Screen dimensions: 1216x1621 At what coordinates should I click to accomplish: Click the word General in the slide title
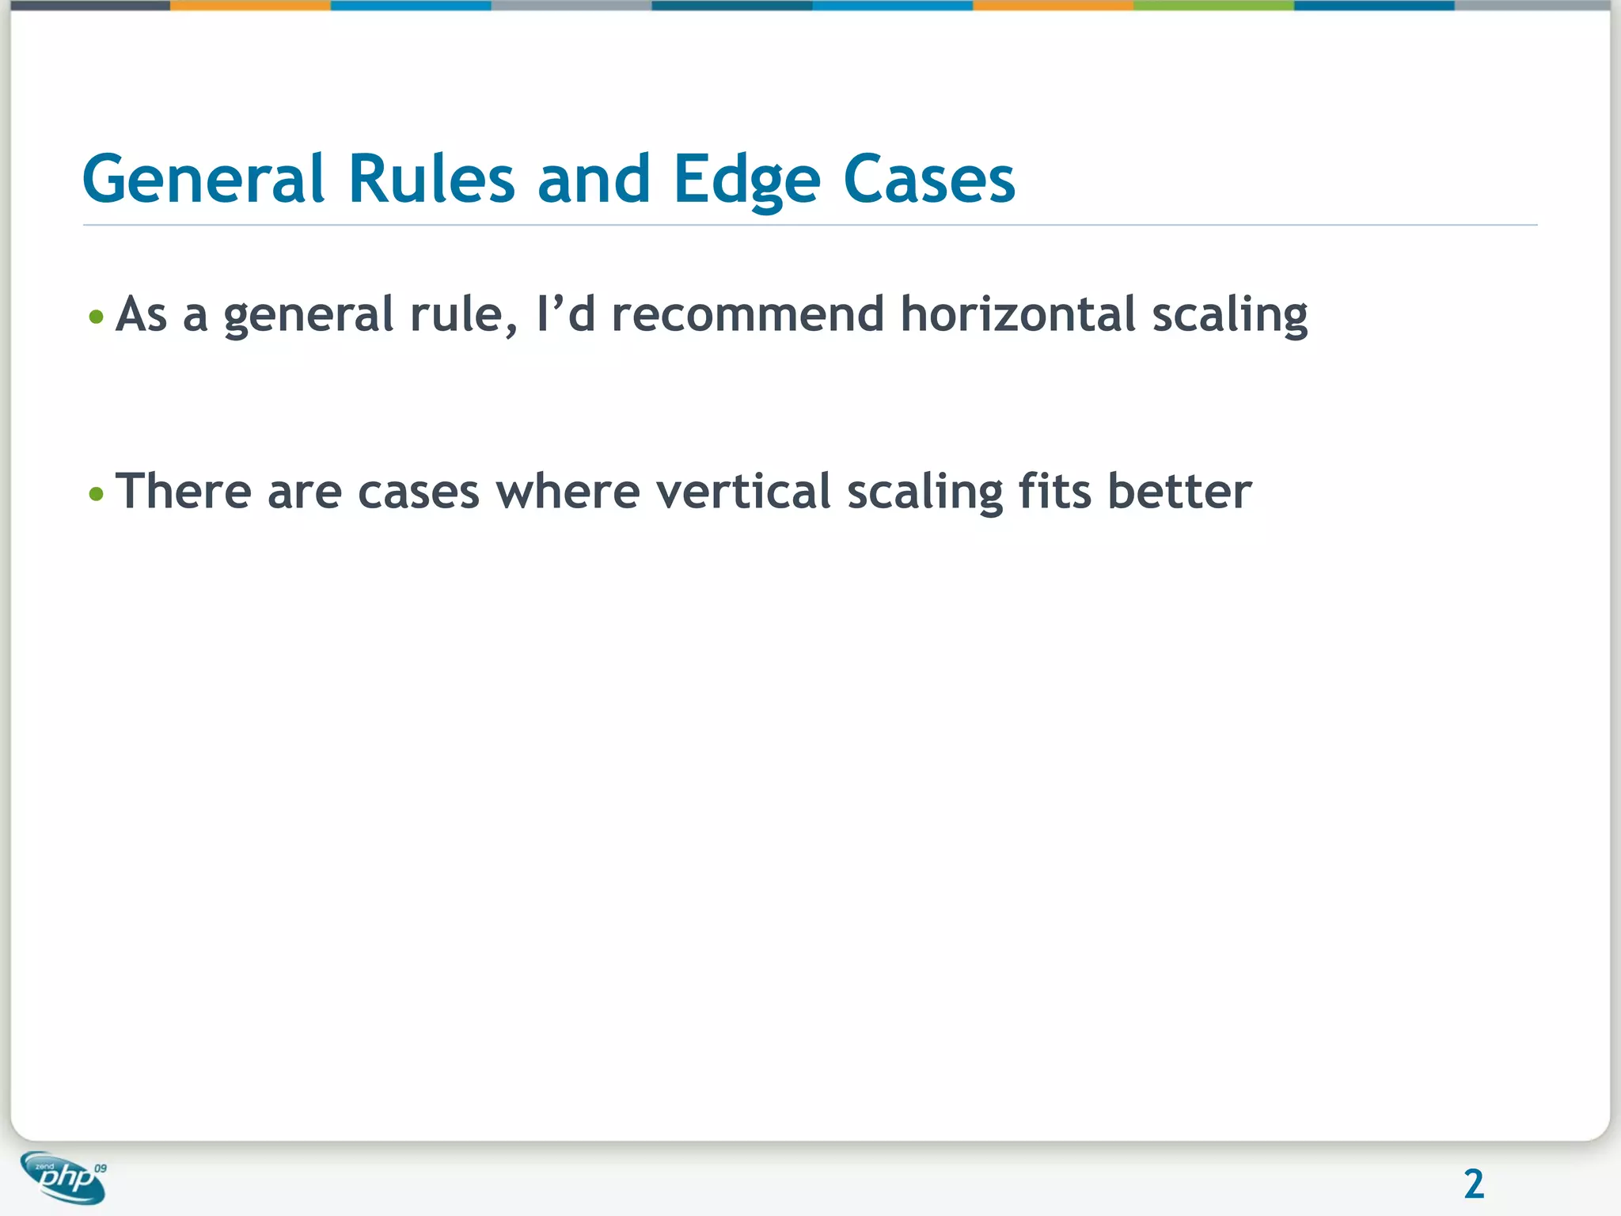coord(203,179)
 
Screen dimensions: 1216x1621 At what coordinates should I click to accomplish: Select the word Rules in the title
coord(431,179)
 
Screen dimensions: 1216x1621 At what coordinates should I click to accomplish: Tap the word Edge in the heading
coord(746,180)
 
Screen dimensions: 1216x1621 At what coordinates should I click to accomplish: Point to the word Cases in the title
coord(928,179)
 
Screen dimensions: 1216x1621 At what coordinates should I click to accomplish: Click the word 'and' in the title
coord(594,179)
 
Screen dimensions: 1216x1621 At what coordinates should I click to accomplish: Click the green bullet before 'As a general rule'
coord(97,317)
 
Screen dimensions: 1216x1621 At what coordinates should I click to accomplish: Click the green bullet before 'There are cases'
coord(97,495)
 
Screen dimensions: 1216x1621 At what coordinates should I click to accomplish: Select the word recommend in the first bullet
coord(748,314)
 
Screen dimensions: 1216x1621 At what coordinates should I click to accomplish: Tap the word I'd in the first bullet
coord(565,314)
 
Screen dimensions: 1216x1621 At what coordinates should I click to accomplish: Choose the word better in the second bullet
coord(1179,492)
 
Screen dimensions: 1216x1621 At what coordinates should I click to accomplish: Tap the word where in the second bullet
coord(568,492)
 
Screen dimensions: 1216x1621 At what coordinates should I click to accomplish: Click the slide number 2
coord(1473,1184)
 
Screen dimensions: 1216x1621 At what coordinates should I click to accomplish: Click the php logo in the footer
coord(63,1177)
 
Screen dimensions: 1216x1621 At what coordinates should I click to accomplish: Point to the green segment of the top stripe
coord(1213,5)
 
